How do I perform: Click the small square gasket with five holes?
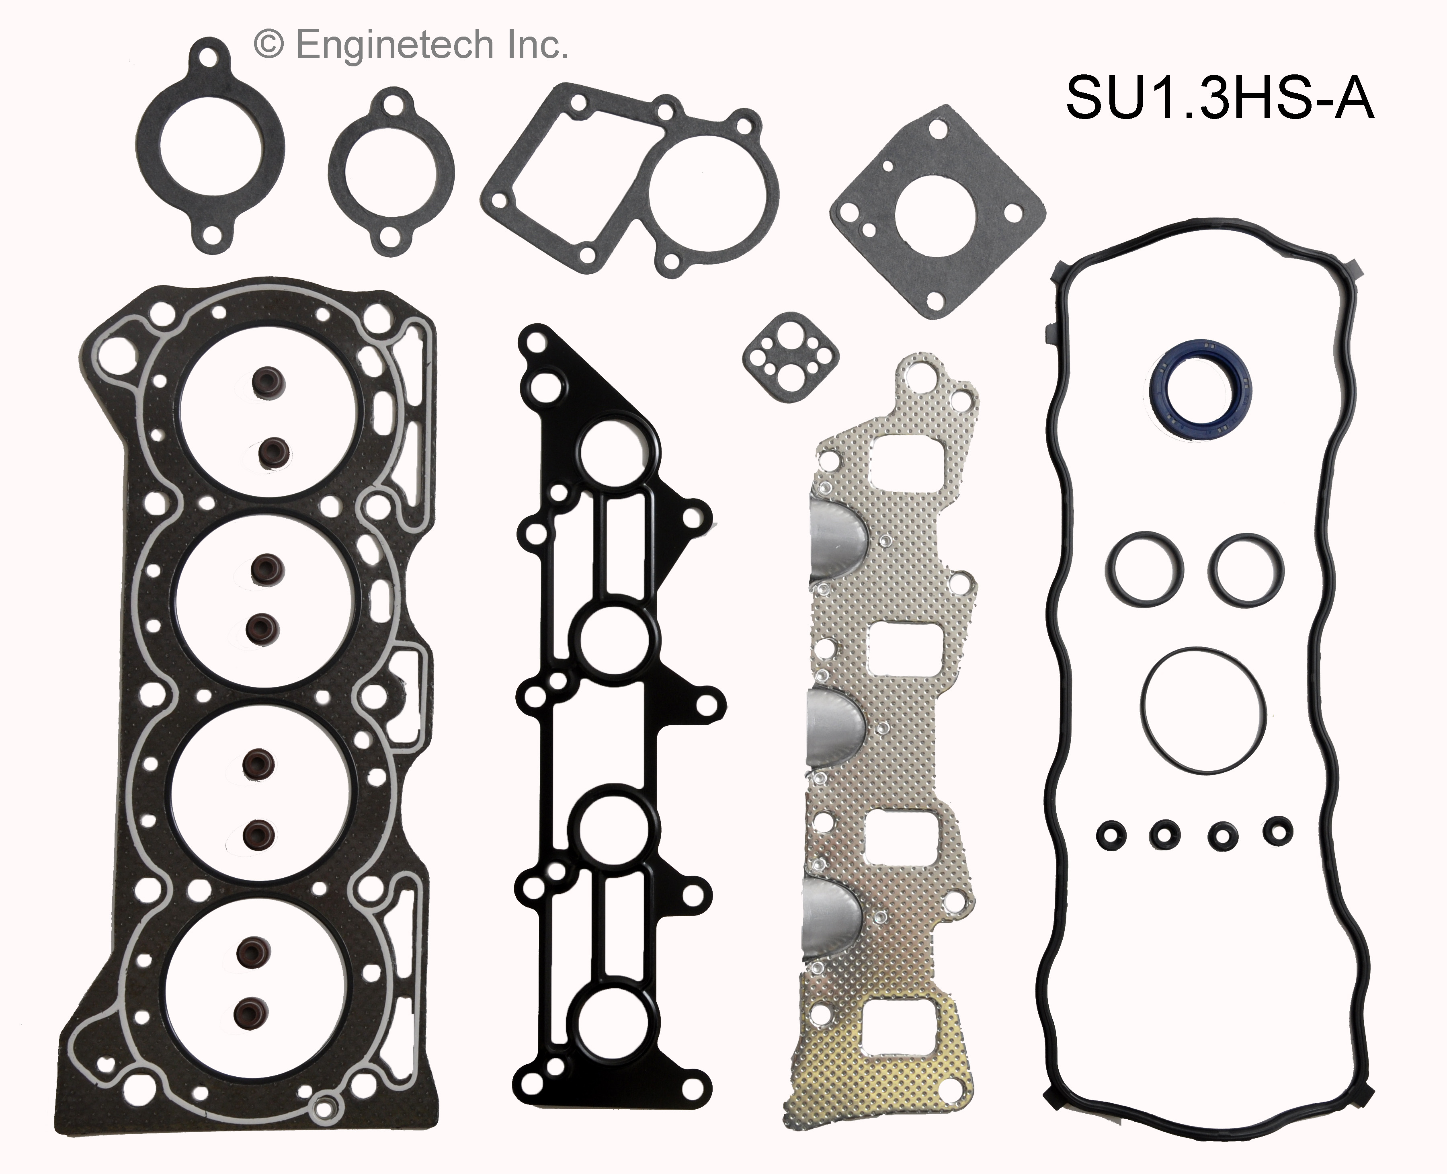[790, 352]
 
